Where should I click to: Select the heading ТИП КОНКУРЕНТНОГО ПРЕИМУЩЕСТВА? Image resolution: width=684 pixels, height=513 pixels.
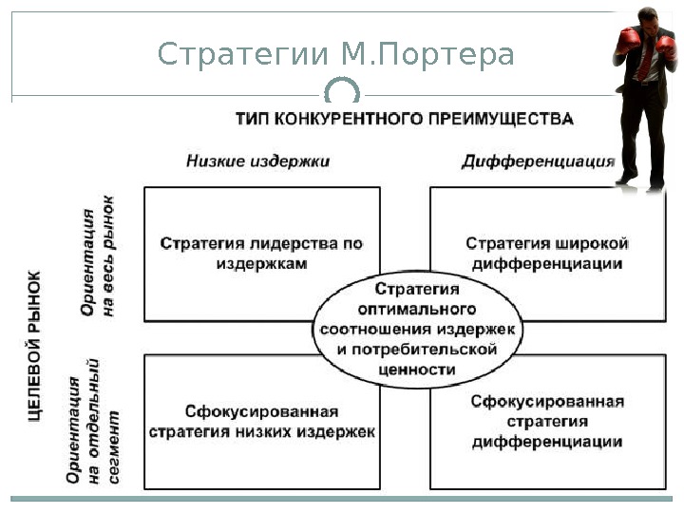[x=404, y=120]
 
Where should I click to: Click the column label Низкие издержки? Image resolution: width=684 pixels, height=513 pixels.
[x=258, y=161]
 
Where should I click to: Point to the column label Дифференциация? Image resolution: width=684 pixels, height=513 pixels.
[x=538, y=161]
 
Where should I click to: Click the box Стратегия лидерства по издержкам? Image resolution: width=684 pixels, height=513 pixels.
[x=261, y=254]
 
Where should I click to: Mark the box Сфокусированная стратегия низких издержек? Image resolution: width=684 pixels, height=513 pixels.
[x=261, y=422]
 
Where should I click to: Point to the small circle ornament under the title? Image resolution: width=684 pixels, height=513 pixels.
[x=342, y=93]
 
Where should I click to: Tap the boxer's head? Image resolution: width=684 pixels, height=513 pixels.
[x=650, y=23]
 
